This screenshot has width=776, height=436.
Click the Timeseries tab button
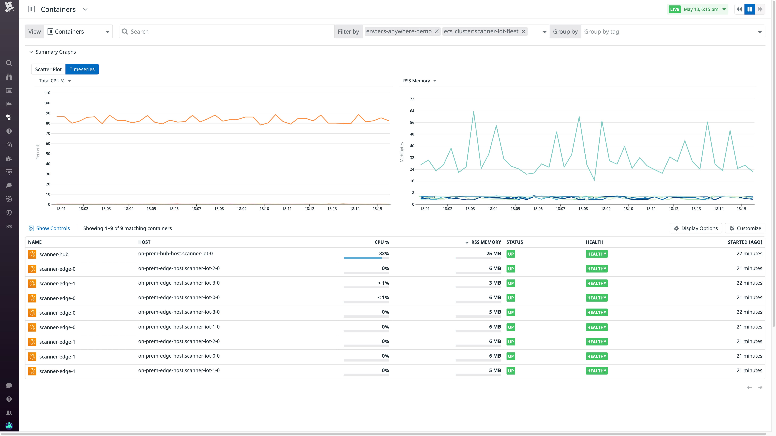pos(82,69)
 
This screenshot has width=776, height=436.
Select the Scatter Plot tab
pos(48,69)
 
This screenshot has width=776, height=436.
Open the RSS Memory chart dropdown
pos(419,81)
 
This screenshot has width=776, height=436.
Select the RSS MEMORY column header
pos(486,242)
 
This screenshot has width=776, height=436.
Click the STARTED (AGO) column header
pos(745,242)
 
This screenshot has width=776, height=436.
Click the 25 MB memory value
pos(493,253)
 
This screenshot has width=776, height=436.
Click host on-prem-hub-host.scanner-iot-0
pos(175,253)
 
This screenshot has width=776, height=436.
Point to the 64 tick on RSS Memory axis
pos(412,111)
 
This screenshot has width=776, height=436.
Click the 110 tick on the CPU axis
pos(47,93)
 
